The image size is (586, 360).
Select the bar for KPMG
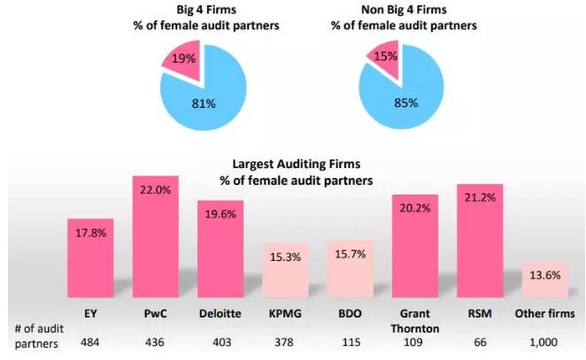[x=285, y=270]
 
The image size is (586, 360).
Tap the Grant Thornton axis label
[x=414, y=320]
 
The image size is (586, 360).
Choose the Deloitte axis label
[x=220, y=314]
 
